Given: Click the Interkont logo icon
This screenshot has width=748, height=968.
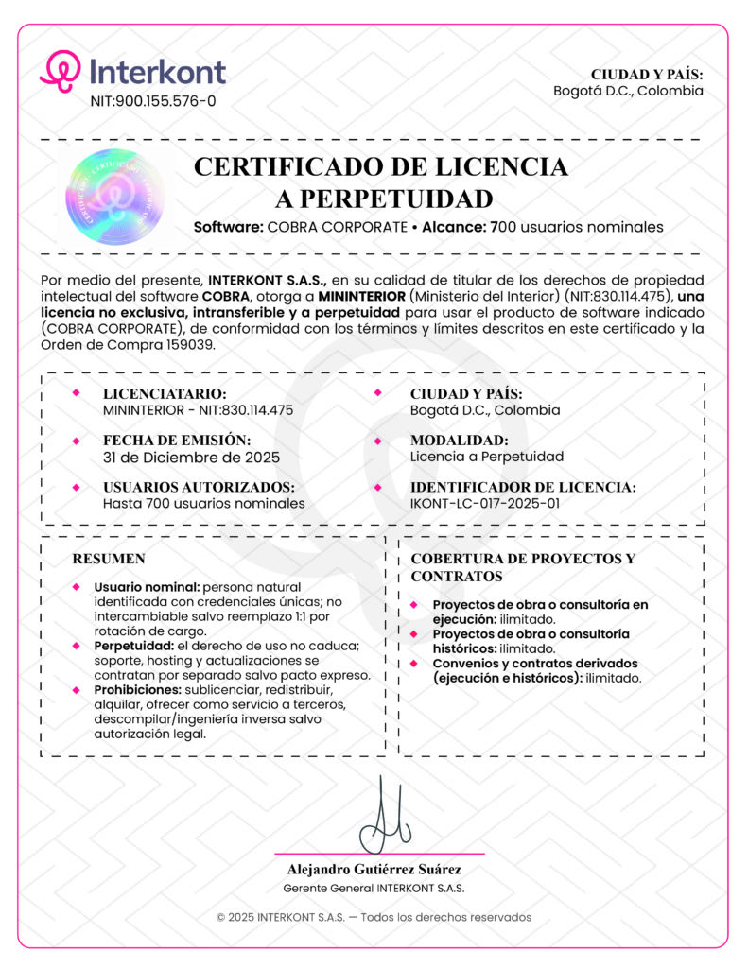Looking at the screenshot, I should coord(61,71).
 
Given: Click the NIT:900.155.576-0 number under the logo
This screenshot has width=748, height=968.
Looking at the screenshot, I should coord(152,101).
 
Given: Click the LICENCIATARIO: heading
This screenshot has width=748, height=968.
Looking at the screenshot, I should coord(165,393).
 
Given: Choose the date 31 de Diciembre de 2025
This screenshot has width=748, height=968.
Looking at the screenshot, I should coord(191,458).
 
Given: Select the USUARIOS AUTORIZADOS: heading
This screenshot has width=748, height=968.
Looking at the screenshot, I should coord(199,487).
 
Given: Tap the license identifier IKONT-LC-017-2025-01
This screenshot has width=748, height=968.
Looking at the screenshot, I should coord(485,504).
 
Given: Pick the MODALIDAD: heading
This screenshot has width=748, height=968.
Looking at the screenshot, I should coord(460,441).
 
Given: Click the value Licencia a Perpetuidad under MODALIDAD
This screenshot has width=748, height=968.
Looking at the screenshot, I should coord(487,458).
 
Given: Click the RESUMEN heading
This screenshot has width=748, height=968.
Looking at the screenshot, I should coord(109,559).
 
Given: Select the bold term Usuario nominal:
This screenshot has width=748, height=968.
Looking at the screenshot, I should coord(147,588).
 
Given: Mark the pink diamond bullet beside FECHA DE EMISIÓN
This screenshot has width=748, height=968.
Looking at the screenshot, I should coord(77,441).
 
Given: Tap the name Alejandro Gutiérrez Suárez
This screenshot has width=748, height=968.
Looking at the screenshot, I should coord(374,869).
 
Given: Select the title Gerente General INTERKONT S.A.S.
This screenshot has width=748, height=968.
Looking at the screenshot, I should coord(374,889).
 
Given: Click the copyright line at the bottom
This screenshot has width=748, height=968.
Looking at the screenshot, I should coord(374,917).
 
